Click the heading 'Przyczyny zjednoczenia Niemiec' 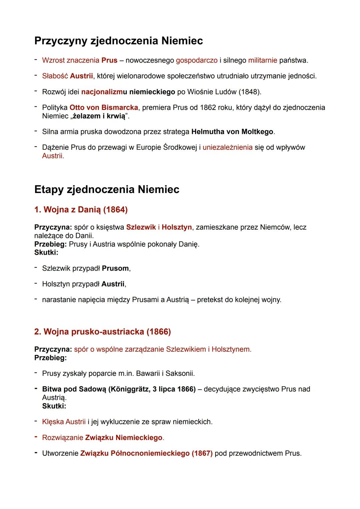coord(118,41)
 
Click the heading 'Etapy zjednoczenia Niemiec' coord(107,189)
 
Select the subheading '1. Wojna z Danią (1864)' coord(81,210)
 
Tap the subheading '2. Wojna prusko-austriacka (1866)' coord(102,332)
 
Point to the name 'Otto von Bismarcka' coord(104,107)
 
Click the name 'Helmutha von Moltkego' coord(232,132)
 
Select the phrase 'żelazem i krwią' coord(99,116)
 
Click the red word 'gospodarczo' coord(197,60)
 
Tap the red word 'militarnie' coord(263,60)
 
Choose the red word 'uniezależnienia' coord(227,147)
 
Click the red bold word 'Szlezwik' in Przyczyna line coord(141,227)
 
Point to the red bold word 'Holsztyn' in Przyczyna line coord(177,227)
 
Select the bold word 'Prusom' coord(115,268)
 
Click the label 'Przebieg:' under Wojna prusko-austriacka coord(50,358)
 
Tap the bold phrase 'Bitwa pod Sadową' coord(74,389)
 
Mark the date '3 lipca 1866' coord(173,389)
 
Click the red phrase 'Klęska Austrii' coord(64,422)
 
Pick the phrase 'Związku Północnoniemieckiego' coord(135,453)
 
